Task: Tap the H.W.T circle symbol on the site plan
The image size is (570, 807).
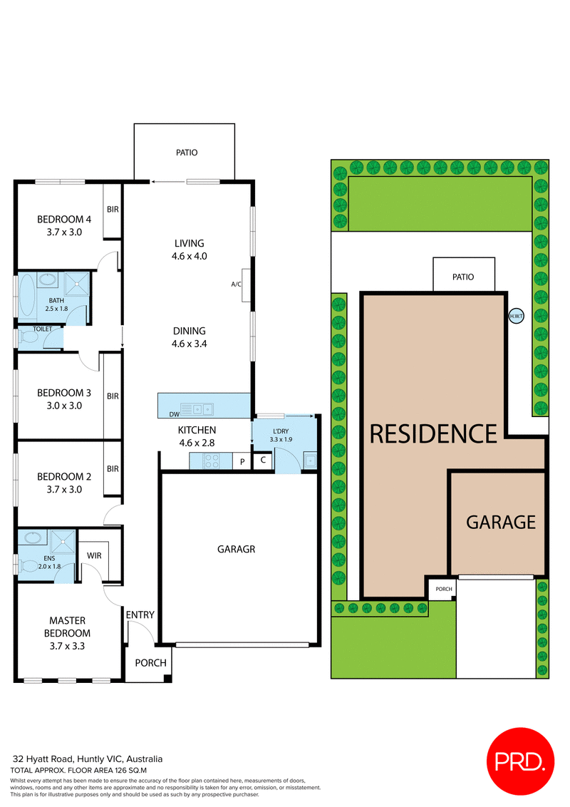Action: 516,316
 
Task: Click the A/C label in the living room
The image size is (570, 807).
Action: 236,283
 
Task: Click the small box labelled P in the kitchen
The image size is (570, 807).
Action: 242,462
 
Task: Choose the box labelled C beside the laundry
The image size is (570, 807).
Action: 263,460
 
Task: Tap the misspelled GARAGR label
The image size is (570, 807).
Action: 235,549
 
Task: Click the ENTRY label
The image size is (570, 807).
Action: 140,615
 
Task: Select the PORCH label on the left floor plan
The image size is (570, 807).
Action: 150,663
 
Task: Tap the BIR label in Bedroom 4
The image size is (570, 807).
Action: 113,210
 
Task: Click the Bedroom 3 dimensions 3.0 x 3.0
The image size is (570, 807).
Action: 64,406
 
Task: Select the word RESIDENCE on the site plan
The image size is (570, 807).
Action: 433,433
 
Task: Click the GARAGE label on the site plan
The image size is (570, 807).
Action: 500,522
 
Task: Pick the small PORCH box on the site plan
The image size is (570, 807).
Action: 444,589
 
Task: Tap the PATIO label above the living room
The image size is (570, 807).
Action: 187,153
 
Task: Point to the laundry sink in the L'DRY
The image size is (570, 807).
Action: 309,461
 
